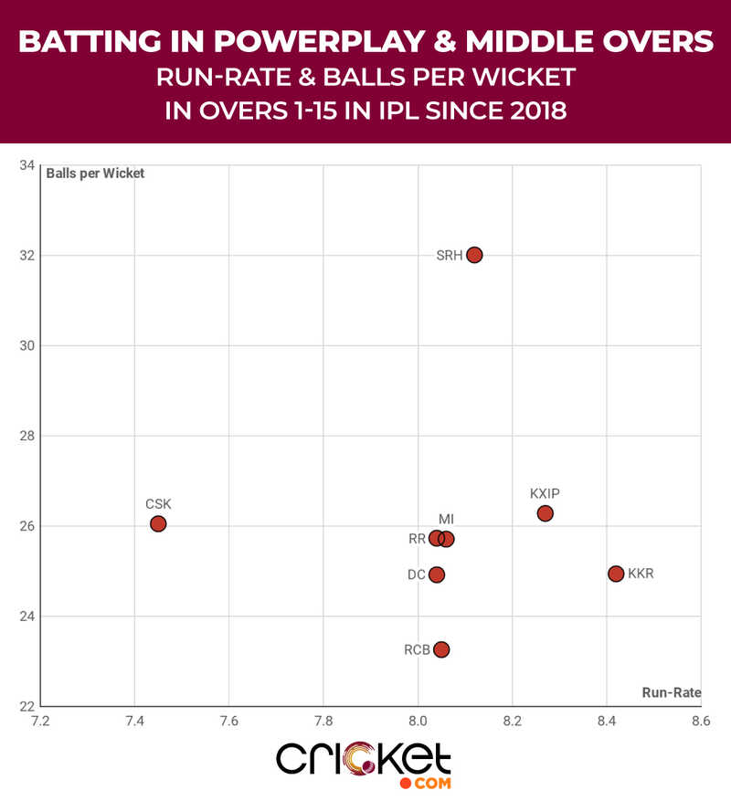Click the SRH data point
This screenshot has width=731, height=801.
tap(473, 255)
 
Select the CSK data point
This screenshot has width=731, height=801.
tap(158, 523)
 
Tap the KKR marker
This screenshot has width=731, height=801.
tap(616, 574)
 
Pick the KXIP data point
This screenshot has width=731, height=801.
tap(546, 513)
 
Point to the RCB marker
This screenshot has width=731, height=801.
tap(441, 649)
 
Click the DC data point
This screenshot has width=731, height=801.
tap(437, 574)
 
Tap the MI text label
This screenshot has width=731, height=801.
tap(446, 520)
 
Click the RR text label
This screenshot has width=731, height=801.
tap(417, 539)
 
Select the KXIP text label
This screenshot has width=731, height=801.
tap(545, 493)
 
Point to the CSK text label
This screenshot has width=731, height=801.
tap(158, 503)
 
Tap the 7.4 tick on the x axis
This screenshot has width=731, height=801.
tap(134, 721)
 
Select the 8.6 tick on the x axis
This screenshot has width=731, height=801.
tap(701, 721)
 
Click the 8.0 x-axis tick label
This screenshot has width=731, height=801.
tap(418, 721)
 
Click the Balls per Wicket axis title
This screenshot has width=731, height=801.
tap(96, 174)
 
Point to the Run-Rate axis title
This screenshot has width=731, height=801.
tap(671, 693)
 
